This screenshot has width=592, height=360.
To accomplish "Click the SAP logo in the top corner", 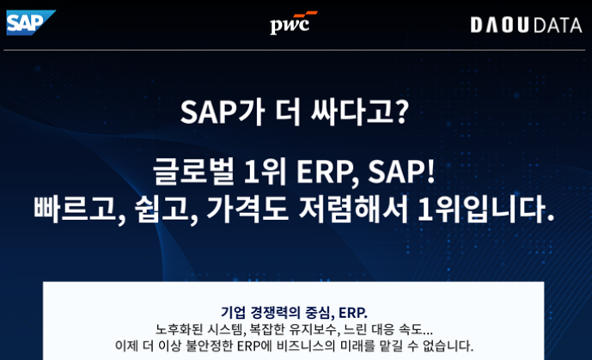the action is click(31, 22).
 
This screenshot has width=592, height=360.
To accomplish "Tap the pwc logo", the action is click(293, 22).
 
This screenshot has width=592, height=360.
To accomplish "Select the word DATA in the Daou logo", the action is click(558, 25).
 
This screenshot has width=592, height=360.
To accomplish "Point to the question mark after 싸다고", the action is click(402, 112).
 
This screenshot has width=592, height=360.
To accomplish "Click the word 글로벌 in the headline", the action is click(193, 172).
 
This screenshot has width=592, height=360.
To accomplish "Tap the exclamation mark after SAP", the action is click(430, 172).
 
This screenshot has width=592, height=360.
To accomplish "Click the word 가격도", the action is click(247, 209).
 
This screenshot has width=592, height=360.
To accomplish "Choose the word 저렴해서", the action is click(353, 209).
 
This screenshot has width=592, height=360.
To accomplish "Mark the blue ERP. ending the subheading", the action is click(353, 313).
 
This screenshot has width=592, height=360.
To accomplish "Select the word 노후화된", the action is click(179, 329).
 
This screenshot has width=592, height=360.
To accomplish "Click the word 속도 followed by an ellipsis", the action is click(410, 329).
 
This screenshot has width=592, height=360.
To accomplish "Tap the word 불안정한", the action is click(209, 345).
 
